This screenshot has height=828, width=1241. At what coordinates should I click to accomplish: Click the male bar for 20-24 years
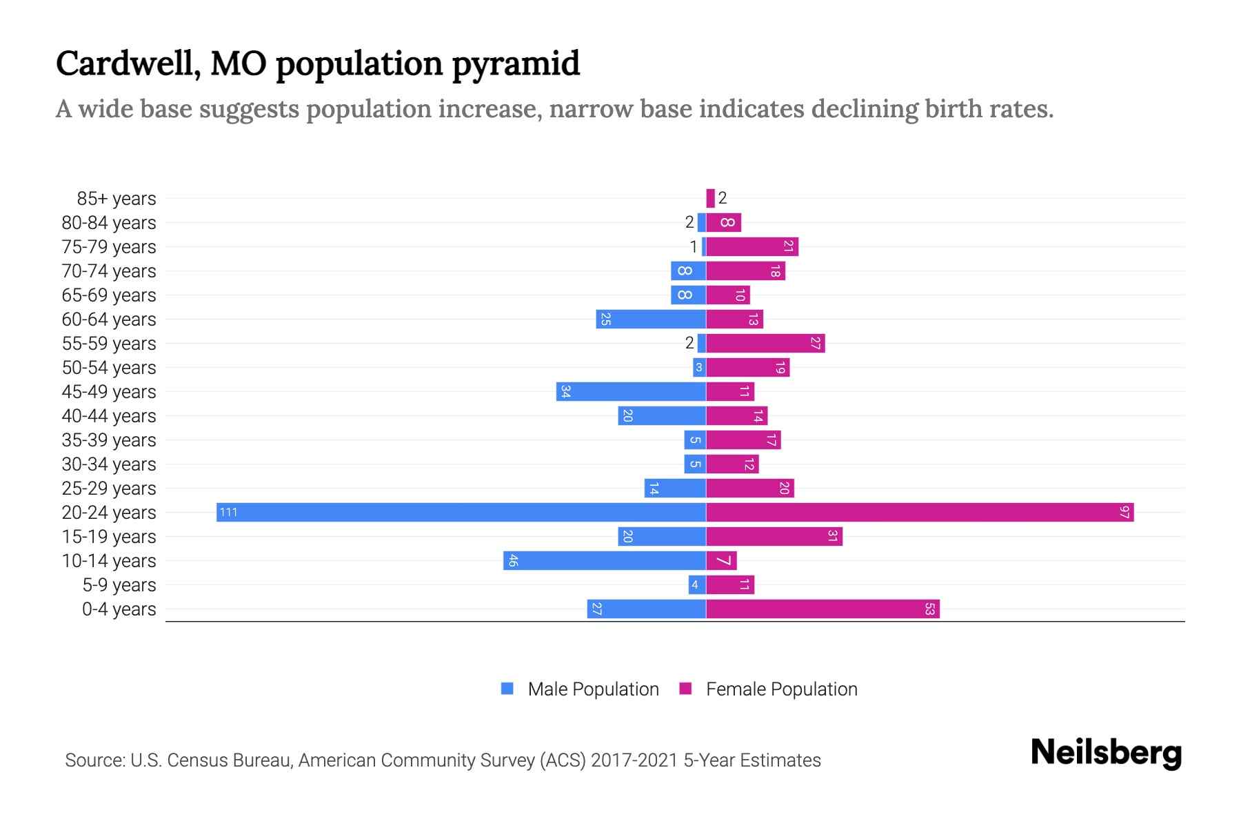click(461, 512)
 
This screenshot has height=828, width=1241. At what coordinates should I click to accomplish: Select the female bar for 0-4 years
click(823, 609)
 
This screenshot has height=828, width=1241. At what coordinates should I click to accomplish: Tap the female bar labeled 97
click(920, 512)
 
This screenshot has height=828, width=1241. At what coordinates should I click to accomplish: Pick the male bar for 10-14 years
click(605, 560)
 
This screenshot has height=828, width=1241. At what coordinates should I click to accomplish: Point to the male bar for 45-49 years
click(631, 391)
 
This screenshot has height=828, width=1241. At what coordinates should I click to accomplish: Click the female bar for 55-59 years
click(765, 343)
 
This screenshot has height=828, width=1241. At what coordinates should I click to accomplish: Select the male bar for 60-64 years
click(651, 319)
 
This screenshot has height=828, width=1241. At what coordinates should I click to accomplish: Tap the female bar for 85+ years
click(710, 198)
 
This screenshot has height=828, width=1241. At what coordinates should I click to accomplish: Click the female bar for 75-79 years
click(752, 246)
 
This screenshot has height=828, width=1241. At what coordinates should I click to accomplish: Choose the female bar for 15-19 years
click(774, 536)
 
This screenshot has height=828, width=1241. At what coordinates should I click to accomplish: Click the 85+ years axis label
click(117, 199)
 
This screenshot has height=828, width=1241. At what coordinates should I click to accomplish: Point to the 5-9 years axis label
click(119, 585)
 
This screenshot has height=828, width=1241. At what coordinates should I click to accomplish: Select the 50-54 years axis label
click(109, 368)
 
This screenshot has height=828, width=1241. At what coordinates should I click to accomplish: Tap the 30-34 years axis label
click(109, 464)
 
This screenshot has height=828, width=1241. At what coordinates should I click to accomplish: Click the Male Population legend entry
click(593, 689)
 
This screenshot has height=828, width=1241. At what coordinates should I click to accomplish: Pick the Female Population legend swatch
click(685, 689)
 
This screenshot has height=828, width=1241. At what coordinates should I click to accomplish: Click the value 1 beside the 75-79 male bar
click(694, 246)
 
